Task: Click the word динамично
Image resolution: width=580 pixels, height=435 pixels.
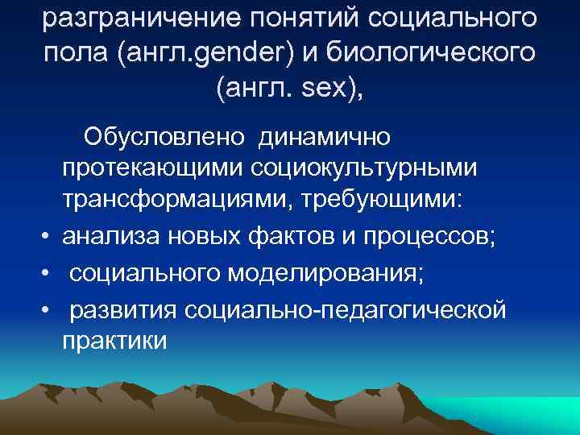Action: tap(324, 136)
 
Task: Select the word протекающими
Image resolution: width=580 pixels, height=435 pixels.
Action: tap(149, 168)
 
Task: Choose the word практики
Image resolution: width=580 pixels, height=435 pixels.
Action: tap(114, 340)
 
